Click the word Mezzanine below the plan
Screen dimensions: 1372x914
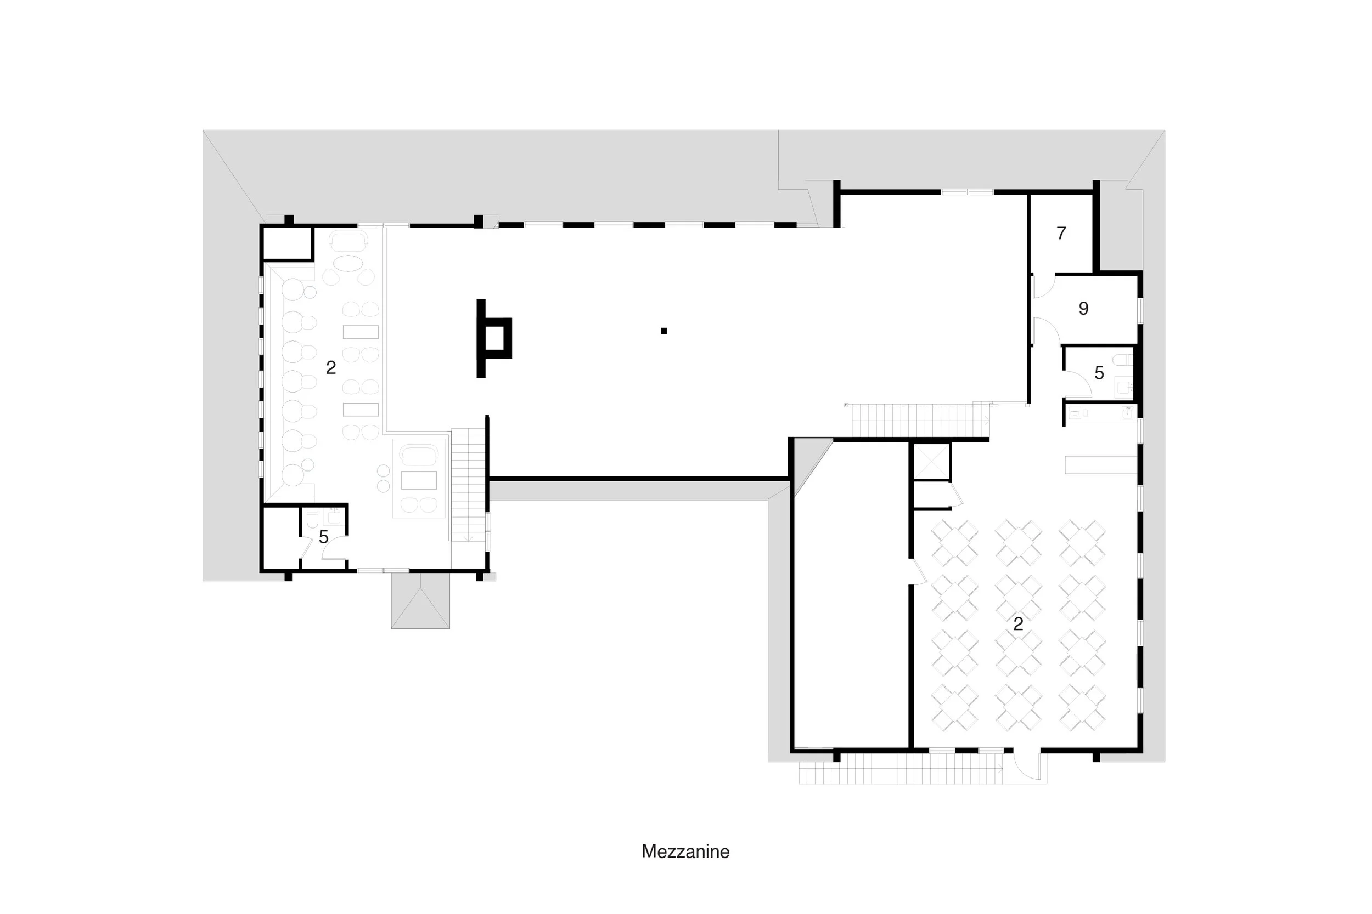pyautogui.click(x=685, y=851)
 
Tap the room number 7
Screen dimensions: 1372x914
pyautogui.click(x=1061, y=233)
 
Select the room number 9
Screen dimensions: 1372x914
pyautogui.click(x=1083, y=308)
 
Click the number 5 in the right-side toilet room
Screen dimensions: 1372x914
pyautogui.click(x=1099, y=373)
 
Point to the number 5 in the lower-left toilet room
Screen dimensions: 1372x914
pyautogui.click(x=324, y=537)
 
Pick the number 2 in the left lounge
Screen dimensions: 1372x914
pyautogui.click(x=331, y=367)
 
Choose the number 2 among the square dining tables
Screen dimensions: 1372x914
pyautogui.click(x=1018, y=624)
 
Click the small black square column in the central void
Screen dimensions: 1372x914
pyautogui.click(x=663, y=331)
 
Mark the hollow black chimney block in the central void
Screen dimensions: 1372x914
pyautogui.click(x=494, y=338)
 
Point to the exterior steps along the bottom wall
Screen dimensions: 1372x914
pyautogui.click(x=901, y=768)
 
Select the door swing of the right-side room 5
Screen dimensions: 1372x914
pyautogui.click(x=1077, y=385)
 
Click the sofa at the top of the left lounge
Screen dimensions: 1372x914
pyautogui.click(x=348, y=240)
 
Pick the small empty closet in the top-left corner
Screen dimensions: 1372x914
pyautogui.click(x=287, y=243)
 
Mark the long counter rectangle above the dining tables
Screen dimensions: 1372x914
pyautogui.click(x=1100, y=464)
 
